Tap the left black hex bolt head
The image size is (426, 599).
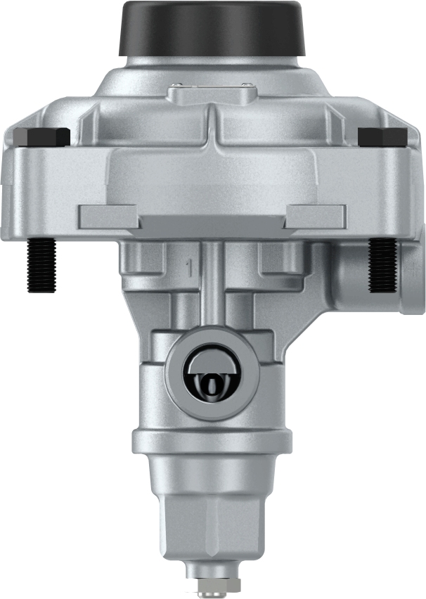click(x=42, y=136)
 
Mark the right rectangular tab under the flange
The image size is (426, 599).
click(x=316, y=216)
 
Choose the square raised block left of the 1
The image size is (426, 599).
click(x=144, y=257)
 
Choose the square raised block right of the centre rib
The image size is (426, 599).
click(x=280, y=257)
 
